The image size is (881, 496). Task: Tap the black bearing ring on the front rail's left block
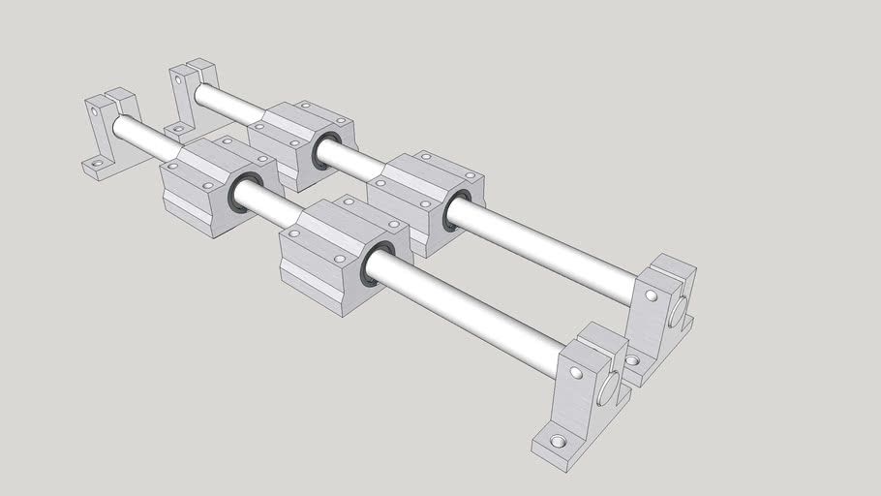click(x=242, y=192)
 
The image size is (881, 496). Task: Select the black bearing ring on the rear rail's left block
click(x=321, y=152)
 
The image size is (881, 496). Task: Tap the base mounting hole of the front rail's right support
click(x=557, y=442)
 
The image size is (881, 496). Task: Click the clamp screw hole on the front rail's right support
click(x=576, y=372)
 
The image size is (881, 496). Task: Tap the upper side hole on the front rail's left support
click(x=96, y=111)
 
